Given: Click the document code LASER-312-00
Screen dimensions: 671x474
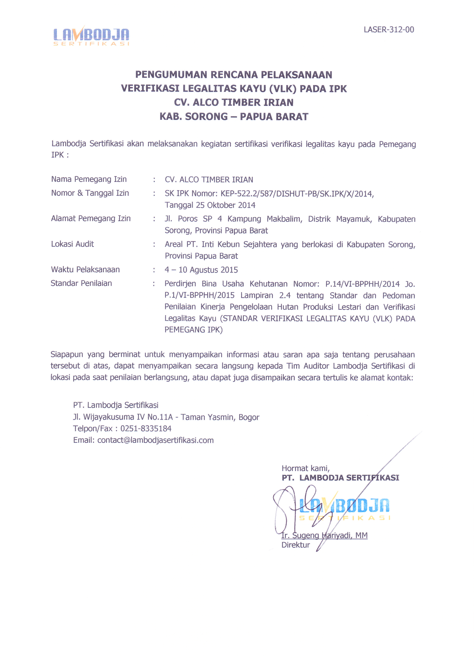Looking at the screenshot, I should click(x=389, y=30).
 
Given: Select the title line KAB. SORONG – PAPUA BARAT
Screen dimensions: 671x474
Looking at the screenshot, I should click(x=234, y=117).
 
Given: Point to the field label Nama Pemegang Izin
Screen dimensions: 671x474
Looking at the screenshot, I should click(x=89, y=179).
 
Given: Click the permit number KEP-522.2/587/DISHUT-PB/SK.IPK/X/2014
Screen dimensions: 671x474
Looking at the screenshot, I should click(x=297, y=194).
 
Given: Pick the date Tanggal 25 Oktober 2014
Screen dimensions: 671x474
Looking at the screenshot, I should click(x=210, y=205).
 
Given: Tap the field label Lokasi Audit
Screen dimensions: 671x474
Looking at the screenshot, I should click(x=72, y=244).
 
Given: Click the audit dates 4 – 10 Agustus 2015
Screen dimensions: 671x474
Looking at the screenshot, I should click(x=201, y=270).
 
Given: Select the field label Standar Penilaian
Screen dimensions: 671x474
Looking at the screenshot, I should click(x=81, y=283).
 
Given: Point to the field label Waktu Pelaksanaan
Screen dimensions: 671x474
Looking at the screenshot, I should click(x=85, y=269).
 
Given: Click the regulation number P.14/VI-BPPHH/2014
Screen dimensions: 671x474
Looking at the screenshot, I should click(x=362, y=284).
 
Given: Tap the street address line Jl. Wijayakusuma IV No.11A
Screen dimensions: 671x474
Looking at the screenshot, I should click(x=123, y=417).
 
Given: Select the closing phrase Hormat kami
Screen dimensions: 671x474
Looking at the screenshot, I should click(x=305, y=468).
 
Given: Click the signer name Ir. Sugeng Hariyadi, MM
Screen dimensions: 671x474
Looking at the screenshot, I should click(x=324, y=535).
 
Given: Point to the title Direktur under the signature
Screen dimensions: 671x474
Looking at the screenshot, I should click(x=296, y=545).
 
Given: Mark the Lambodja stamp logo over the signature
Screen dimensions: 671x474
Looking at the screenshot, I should click(x=345, y=509).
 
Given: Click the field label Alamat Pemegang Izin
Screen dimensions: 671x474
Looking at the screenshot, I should click(x=91, y=218).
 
